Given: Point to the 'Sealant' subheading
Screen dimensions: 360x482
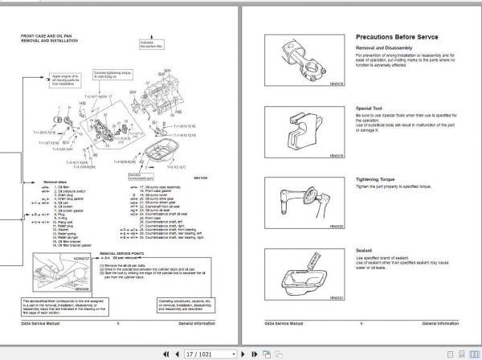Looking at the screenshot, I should pyautogui.click(x=363, y=250).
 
